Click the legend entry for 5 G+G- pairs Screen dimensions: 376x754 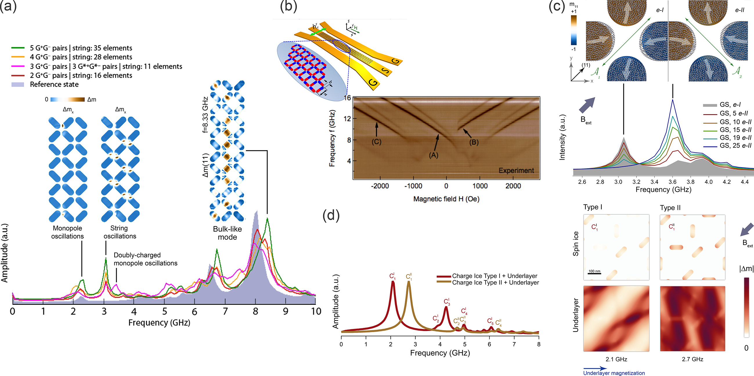pos(80,48)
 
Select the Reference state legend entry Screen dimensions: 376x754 pos(54,84)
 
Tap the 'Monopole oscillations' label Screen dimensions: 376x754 pos(67,232)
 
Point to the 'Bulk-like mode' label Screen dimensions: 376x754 pos(227,233)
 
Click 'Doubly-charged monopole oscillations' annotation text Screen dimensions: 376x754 pos(145,259)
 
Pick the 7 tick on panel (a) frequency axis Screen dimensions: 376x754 pos(225,311)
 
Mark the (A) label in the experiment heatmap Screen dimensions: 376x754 pos(433,155)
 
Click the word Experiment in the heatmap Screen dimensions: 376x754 pos(516,170)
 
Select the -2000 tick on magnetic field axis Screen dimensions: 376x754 pos(380,186)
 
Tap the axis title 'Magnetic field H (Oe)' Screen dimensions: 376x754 pos(446,199)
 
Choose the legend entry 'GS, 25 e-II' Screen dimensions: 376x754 pos(735,145)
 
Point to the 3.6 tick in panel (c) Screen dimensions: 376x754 pos(672,182)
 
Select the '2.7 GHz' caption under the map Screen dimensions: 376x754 pos(692,359)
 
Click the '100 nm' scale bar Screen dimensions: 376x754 pos(594,272)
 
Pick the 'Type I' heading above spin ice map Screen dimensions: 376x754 pos(592,207)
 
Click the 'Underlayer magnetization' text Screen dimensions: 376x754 pos(614,373)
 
